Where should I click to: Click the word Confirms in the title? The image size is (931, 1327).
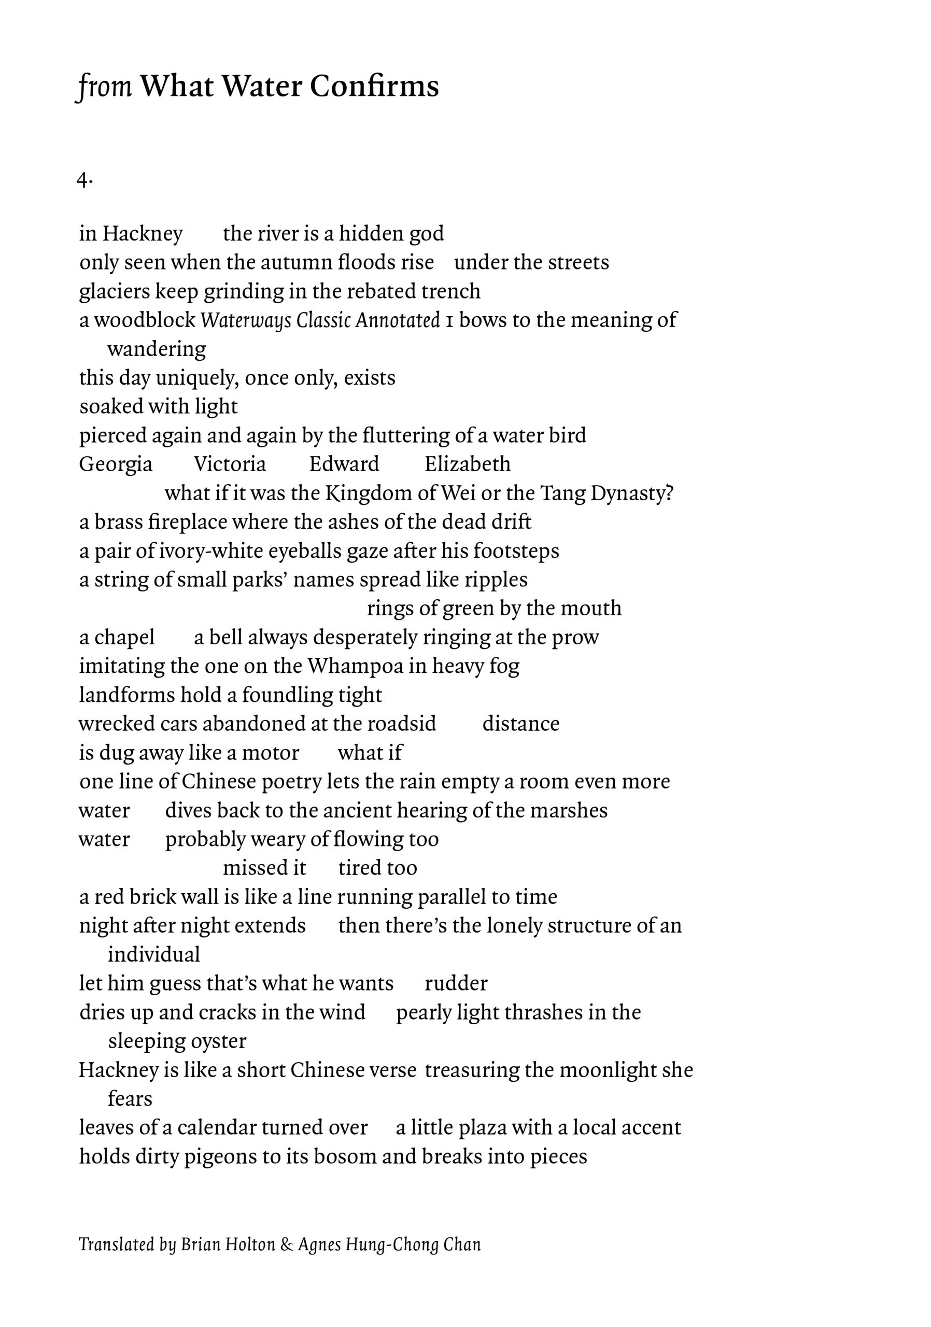(x=374, y=87)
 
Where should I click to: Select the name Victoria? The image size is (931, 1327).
(x=230, y=464)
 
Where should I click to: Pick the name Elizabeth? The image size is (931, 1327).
(x=467, y=464)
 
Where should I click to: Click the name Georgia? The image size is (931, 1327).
(x=116, y=464)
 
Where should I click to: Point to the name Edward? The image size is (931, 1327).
(x=344, y=464)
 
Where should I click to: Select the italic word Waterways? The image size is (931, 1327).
(x=246, y=321)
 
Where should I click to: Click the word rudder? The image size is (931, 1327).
(x=456, y=983)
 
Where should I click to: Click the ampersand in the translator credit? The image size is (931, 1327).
(x=286, y=1245)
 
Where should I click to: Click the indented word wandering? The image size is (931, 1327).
(x=157, y=349)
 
